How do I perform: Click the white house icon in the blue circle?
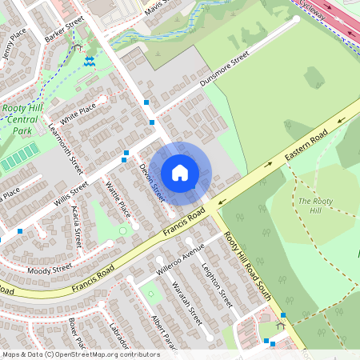click(x=180, y=173)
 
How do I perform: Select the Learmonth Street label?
click(x=66, y=149)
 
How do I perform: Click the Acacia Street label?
click(x=78, y=226)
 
